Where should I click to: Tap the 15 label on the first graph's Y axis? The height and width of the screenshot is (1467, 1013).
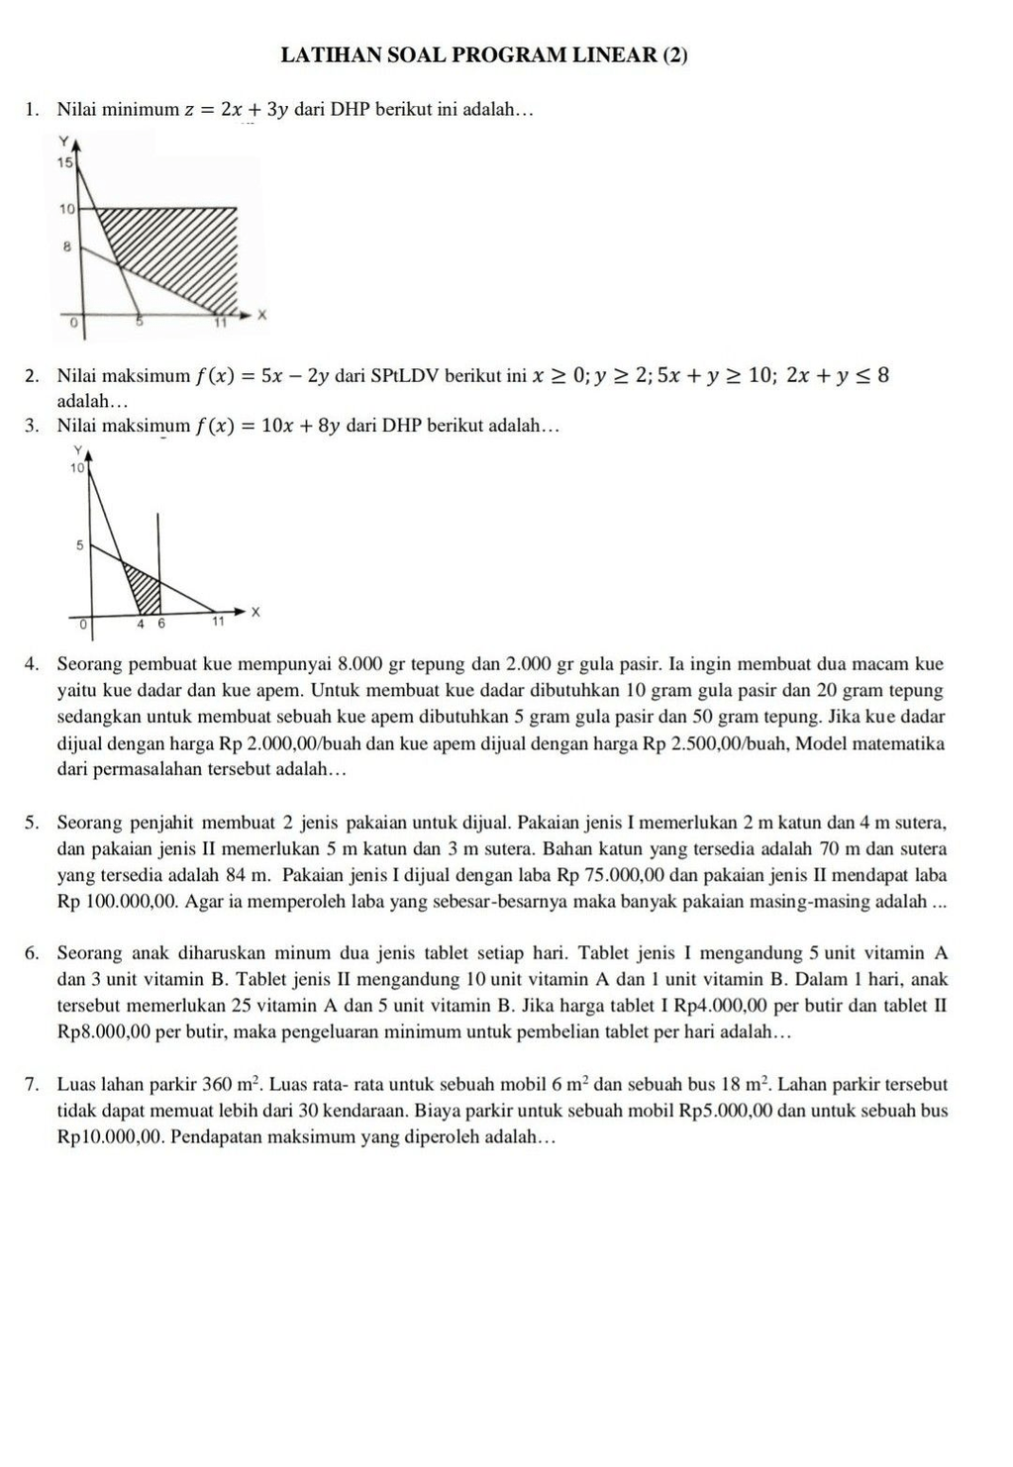(x=65, y=162)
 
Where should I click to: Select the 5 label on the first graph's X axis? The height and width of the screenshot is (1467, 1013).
(x=140, y=322)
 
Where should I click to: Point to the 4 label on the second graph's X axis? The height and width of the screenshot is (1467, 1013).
(x=142, y=625)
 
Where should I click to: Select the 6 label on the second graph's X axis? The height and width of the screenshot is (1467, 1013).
(x=161, y=625)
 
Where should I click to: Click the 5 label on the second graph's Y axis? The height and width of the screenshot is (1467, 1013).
(x=80, y=545)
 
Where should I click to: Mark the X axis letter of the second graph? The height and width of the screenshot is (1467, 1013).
(x=254, y=613)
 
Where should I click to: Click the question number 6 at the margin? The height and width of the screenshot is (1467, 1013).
(x=33, y=954)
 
